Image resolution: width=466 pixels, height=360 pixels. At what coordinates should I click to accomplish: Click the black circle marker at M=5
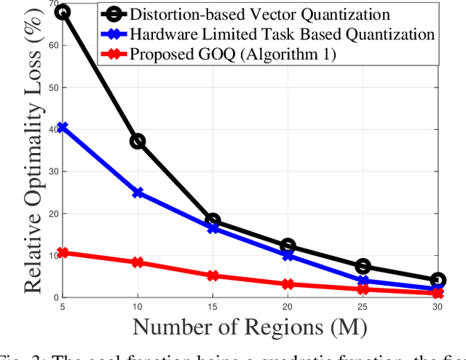click(x=62, y=12)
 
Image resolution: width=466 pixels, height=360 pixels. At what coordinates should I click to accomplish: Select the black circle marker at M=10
click(x=137, y=141)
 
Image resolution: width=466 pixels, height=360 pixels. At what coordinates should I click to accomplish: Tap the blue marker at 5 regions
click(x=62, y=128)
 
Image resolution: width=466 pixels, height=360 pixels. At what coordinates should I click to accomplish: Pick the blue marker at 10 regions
click(x=137, y=193)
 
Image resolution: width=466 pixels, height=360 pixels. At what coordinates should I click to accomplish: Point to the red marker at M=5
click(x=62, y=253)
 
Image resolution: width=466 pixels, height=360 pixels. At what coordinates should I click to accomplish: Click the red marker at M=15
click(x=213, y=275)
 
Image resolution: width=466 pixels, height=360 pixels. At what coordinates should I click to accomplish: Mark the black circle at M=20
click(x=288, y=246)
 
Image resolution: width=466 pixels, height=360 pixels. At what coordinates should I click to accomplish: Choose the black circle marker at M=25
click(x=363, y=266)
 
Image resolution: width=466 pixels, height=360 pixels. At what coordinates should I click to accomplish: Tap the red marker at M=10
click(x=137, y=262)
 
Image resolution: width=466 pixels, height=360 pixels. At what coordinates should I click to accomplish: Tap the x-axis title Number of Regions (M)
click(x=250, y=326)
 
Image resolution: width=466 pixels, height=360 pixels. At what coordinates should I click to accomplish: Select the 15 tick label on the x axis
click(x=213, y=306)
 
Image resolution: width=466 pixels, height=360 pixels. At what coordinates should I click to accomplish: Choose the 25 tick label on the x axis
click(x=363, y=306)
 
